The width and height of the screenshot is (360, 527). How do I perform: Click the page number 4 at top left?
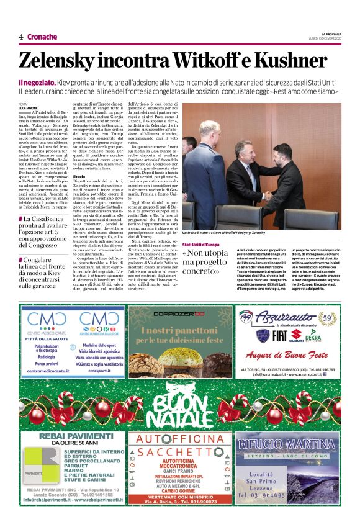pyautogui.click(x=20, y=37)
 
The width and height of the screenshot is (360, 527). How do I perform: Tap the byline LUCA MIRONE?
pyautogui.click(x=29, y=108)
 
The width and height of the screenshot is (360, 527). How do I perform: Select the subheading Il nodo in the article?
pyautogui.click(x=79, y=176)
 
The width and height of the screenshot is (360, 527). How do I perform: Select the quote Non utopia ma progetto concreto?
pyautogui.click(x=205, y=263)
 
